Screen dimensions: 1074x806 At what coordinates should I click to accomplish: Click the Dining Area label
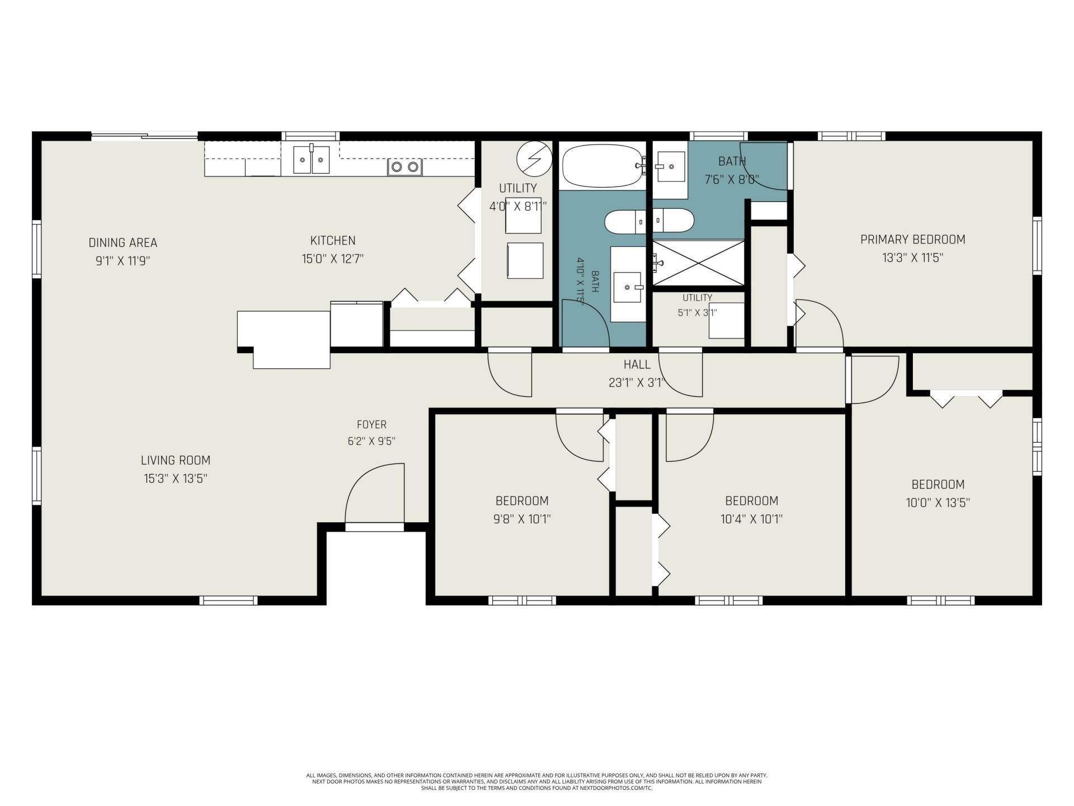coord(123,242)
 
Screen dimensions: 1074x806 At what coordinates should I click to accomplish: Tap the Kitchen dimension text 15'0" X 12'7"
coord(333,259)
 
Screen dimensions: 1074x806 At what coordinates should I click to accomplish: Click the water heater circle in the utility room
coord(534,158)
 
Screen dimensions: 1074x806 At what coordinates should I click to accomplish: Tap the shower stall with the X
coord(699,263)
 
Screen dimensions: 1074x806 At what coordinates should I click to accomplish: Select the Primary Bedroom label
coord(913,240)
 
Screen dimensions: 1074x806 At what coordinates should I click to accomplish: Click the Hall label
coord(637,364)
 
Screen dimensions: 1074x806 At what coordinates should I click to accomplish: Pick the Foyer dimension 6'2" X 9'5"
coord(371,441)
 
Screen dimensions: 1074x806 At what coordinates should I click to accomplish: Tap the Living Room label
coord(176,460)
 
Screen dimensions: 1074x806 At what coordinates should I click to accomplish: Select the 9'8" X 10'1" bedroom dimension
coord(522,519)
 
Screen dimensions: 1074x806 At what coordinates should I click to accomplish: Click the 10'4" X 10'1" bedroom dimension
coord(751,519)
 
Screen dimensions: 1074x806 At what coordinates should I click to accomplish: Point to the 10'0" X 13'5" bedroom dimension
coord(938,503)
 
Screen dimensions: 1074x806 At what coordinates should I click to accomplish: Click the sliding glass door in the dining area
coord(144,135)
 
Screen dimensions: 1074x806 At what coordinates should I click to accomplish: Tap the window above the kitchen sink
coord(310,136)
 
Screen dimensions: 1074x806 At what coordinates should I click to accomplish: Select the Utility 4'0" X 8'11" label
coord(518,197)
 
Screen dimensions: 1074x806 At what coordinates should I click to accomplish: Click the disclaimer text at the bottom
coord(537,781)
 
